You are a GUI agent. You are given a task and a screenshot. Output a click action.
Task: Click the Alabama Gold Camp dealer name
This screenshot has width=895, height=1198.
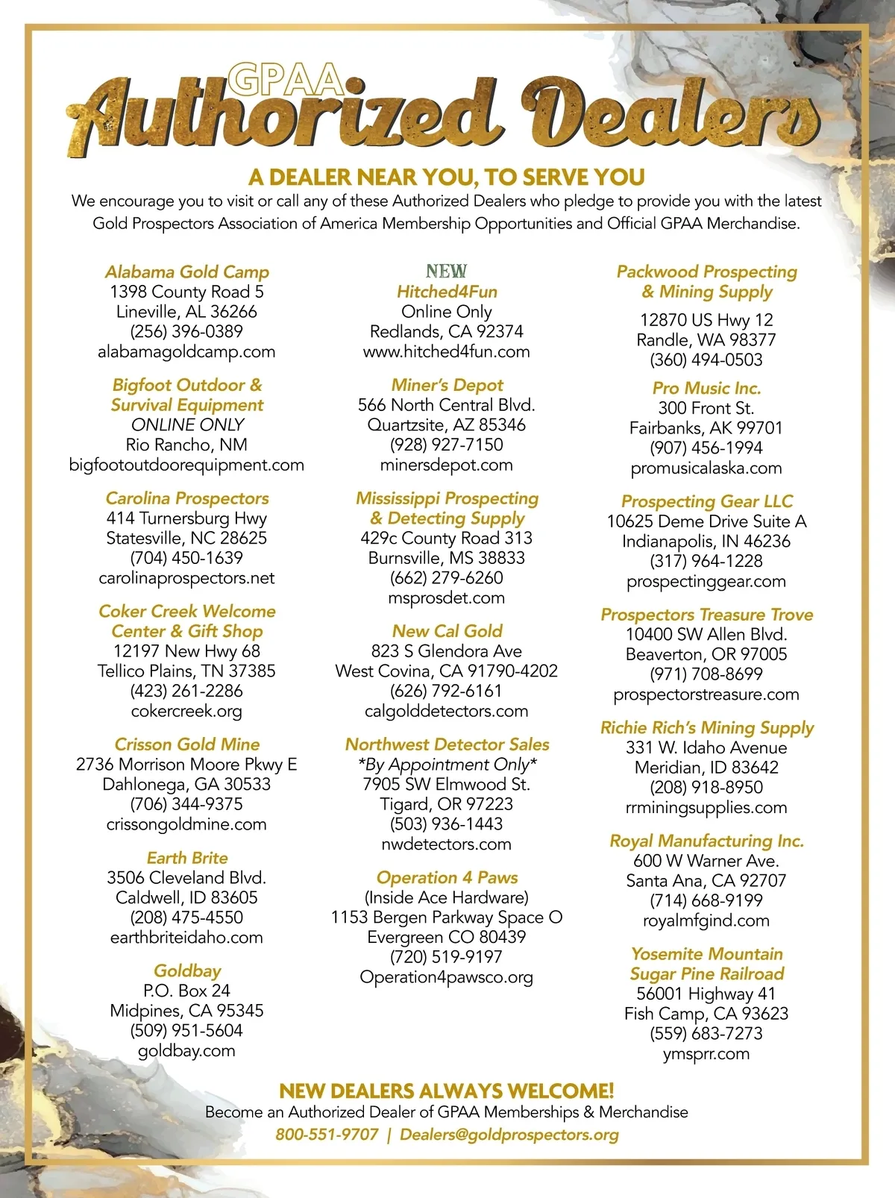pos(186,272)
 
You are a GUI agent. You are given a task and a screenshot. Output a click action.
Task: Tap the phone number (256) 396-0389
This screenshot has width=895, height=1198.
pos(186,331)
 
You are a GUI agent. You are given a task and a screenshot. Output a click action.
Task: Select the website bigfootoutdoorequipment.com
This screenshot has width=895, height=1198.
pos(186,465)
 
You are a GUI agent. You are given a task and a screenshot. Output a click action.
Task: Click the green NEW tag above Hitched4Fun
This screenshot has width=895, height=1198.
pos(446,271)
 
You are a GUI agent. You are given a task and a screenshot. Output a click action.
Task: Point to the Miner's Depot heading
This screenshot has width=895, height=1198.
pos(447,385)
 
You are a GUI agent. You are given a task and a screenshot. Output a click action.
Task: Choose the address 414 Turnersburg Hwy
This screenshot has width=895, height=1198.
pos(186,518)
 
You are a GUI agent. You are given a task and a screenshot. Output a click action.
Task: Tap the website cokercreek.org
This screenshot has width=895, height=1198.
pos(186,711)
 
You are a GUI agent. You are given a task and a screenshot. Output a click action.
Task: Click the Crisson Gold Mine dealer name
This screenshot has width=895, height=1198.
pos(186,744)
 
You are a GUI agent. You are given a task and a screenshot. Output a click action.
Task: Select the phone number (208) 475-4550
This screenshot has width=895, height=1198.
pos(186,917)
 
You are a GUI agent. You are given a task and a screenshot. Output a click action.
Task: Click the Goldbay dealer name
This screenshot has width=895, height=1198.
pos(187,970)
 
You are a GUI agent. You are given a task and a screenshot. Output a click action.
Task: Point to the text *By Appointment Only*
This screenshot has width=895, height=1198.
pos(447,765)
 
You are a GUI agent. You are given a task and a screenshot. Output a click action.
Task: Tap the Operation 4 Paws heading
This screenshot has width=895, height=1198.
pos(447,877)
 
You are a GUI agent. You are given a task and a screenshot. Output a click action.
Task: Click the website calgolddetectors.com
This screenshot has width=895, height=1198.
pos(446,711)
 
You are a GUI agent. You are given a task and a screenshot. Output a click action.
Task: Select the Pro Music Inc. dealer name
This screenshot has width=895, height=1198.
pos(706,388)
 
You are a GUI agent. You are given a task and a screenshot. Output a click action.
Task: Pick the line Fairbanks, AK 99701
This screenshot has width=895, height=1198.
pos(706,427)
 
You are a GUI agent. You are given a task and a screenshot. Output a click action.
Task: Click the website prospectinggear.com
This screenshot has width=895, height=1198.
pos(706,581)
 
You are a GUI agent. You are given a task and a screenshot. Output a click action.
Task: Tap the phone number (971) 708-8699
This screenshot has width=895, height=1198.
pos(706,674)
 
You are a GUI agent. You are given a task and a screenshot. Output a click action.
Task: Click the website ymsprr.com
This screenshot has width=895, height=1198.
pos(706,1053)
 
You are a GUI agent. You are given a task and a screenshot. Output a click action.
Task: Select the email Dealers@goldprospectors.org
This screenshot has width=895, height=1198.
pos(509,1135)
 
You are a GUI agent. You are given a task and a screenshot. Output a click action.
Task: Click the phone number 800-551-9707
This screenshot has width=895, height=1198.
pos(327,1135)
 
